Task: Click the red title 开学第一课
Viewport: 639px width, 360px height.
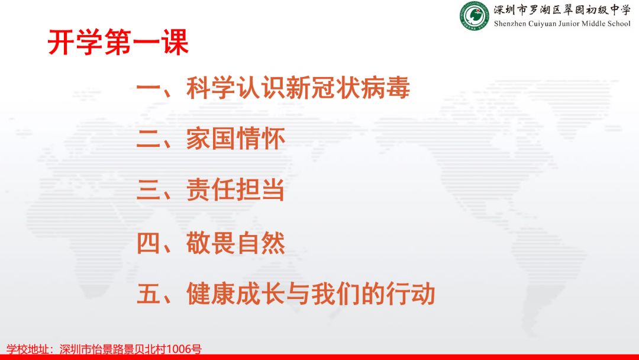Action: tap(118, 42)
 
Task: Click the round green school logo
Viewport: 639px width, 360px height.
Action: tap(474, 17)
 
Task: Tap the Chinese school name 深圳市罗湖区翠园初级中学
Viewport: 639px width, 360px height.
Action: tap(562, 10)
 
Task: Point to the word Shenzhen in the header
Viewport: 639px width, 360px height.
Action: tap(509, 24)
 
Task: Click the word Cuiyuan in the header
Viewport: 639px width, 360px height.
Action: tap(542, 24)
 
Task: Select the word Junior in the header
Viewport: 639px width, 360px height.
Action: tap(569, 24)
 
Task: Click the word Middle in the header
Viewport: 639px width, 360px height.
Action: tap(594, 24)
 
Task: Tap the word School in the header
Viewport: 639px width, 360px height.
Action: tap(619, 24)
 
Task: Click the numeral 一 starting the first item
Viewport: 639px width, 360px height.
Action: tap(149, 88)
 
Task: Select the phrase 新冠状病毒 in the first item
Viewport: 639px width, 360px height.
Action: tap(348, 88)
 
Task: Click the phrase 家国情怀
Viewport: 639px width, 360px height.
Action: tap(235, 139)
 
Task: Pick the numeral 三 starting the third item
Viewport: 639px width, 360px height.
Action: tap(149, 190)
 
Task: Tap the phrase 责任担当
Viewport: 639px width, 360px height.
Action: tap(235, 190)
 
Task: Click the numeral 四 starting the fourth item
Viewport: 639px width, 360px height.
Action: tap(149, 243)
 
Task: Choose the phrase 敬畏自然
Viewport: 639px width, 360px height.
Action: tap(235, 243)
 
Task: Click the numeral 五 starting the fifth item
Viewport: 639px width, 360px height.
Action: tap(149, 294)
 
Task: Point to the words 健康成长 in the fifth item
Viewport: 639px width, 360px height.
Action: tap(235, 294)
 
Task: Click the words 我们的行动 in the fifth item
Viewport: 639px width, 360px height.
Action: tap(373, 294)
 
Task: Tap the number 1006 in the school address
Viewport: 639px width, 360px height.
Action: tap(179, 349)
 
